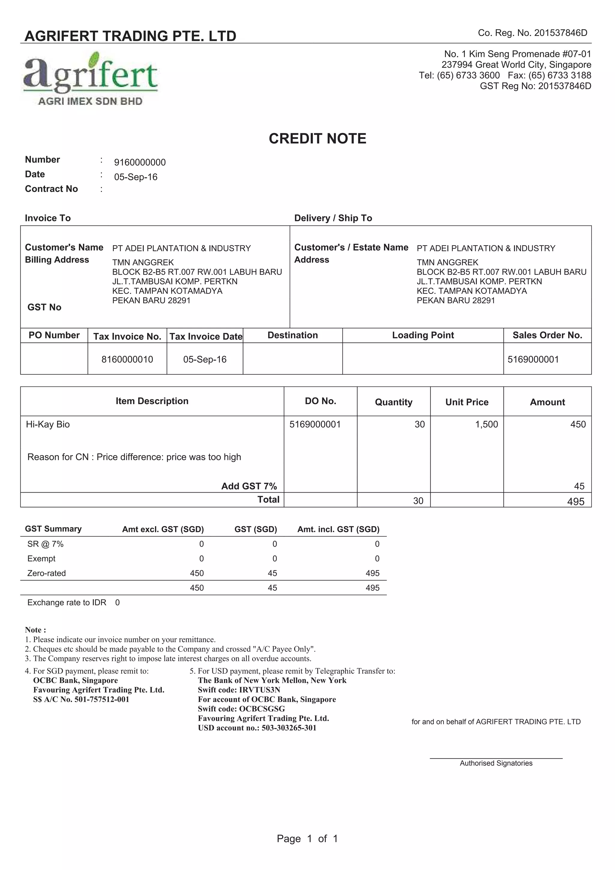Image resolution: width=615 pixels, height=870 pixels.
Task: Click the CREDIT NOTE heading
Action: point(317,139)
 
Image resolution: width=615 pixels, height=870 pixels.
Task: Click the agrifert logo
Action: point(91,79)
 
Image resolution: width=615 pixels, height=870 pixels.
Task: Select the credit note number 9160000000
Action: point(140,162)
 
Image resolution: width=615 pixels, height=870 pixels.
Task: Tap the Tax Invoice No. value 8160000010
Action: point(127,359)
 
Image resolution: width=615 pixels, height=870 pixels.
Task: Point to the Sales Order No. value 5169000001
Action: point(533,359)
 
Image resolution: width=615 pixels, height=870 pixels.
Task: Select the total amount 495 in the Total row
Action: point(575,501)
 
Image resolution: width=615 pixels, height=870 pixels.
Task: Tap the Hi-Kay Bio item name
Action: point(48,424)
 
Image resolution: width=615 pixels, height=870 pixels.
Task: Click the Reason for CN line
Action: point(134,457)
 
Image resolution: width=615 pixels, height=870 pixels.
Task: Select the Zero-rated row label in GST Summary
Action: point(46,573)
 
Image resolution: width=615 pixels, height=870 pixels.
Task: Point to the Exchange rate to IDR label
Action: point(67,603)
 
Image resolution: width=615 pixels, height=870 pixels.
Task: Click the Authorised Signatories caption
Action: point(496,763)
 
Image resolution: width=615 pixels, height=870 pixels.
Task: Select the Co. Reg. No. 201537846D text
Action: point(532,33)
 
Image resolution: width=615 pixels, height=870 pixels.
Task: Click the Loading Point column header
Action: point(423,335)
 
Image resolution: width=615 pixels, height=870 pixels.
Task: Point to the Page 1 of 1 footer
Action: point(307,838)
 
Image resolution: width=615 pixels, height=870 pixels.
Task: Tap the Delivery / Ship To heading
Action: point(333,218)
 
